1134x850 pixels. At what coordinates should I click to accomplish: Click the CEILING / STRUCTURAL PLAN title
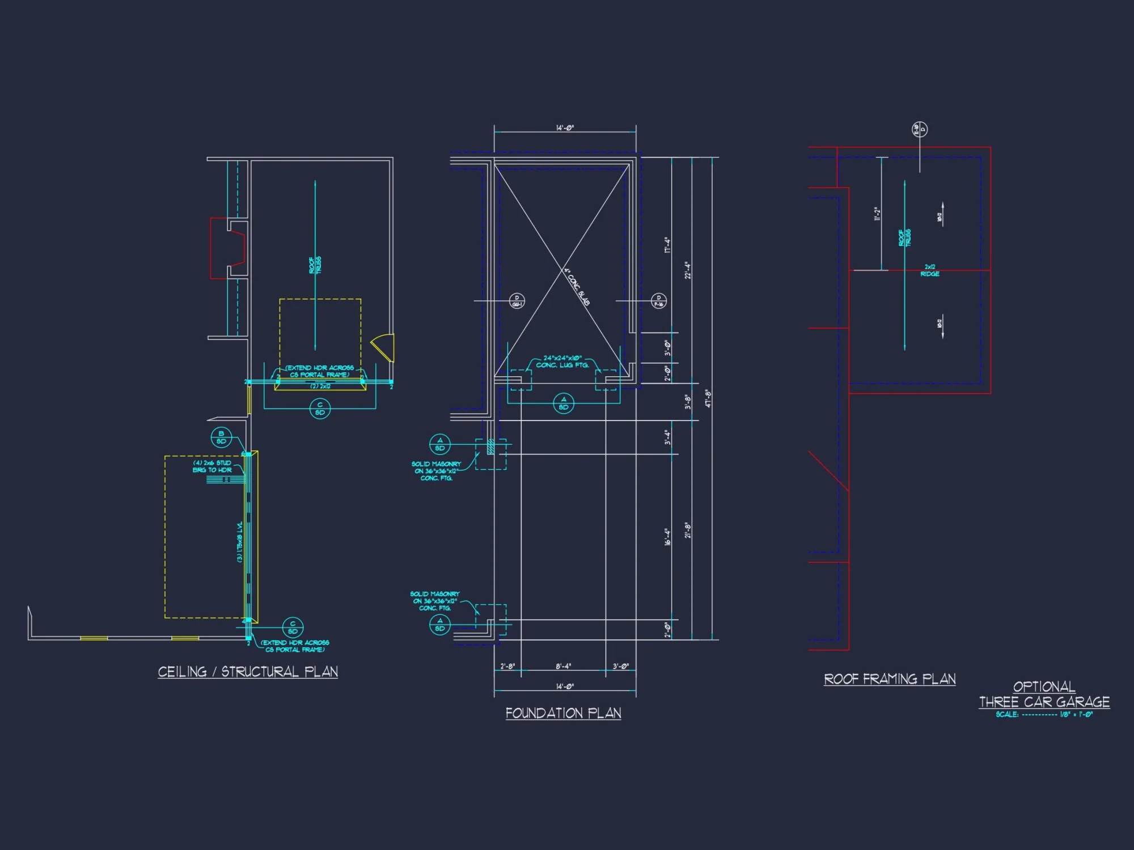click(248, 671)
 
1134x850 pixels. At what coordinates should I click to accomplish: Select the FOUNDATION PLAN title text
click(563, 713)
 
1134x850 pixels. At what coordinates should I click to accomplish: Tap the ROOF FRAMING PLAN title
click(889, 679)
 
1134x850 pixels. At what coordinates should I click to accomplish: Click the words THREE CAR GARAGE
click(1044, 702)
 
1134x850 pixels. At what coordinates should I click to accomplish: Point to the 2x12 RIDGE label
click(930, 270)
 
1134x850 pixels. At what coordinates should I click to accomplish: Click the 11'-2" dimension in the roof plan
click(877, 214)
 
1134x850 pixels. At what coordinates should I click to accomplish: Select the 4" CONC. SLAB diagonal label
click(577, 287)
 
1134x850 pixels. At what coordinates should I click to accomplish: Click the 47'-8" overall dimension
click(707, 398)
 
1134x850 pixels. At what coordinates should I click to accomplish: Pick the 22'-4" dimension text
click(687, 270)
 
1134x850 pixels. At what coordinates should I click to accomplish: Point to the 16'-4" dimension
click(667, 537)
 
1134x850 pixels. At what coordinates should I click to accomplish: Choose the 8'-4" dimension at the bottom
click(564, 666)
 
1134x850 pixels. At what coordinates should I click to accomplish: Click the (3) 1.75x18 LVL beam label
click(240, 542)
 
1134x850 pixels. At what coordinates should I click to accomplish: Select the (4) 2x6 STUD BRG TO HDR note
click(212, 466)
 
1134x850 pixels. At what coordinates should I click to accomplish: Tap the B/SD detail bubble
click(221, 437)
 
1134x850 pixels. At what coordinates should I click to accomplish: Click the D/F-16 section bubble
click(658, 301)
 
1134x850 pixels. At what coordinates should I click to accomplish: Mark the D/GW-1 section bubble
click(517, 301)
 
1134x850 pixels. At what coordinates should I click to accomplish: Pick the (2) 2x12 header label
click(320, 386)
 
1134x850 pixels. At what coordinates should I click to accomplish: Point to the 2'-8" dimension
click(507, 666)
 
